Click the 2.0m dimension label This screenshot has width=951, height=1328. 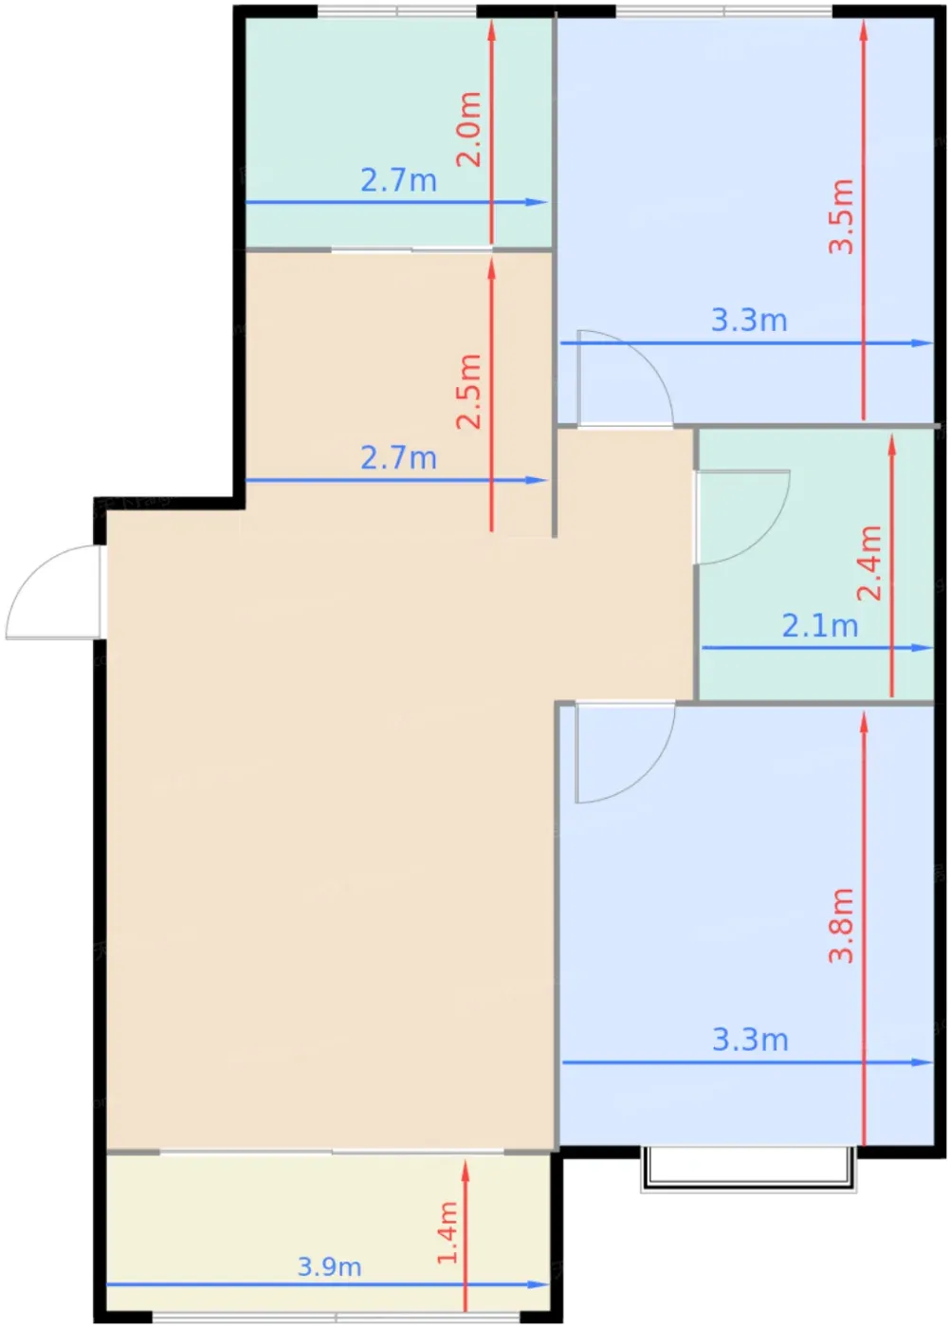pos(467,129)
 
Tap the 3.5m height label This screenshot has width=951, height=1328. pos(841,216)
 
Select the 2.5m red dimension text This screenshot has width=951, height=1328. pos(467,391)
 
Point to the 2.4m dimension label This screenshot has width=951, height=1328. pos(869,563)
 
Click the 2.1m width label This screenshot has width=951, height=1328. pos(820,626)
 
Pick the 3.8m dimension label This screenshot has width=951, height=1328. pos(841,926)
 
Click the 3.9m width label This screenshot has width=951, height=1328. pos(329,1267)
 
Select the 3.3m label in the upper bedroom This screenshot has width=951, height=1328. pos(749,321)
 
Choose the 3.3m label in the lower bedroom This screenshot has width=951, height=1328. pos(750,1040)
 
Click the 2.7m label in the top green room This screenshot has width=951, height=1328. pos(399,180)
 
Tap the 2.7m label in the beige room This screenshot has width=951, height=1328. pos(399,458)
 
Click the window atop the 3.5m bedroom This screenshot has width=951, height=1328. pos(723,11)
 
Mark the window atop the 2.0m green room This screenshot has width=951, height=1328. pos(397,11)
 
